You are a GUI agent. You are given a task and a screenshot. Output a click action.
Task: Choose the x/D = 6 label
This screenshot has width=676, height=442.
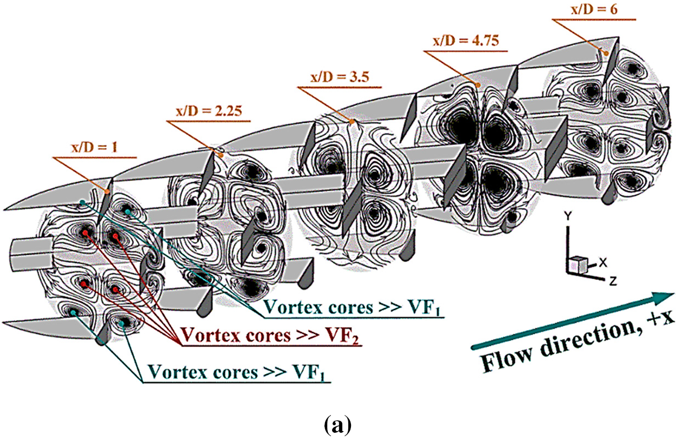click(x=585, y=11)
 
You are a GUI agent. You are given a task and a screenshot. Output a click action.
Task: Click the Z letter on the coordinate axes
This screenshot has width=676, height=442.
click(x=609, y=281)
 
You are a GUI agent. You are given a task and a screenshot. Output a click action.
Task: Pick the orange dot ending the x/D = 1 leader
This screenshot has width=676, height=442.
click(x=108, y=192)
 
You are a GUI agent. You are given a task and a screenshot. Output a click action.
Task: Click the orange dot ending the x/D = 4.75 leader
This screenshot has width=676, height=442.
click(x=479, y=84)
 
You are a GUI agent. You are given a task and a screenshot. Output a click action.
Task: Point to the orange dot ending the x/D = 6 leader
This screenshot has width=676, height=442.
click(x=608, y=53)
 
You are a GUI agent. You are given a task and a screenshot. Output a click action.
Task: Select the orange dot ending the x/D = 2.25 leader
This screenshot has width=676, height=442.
click(x=220, y=155)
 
